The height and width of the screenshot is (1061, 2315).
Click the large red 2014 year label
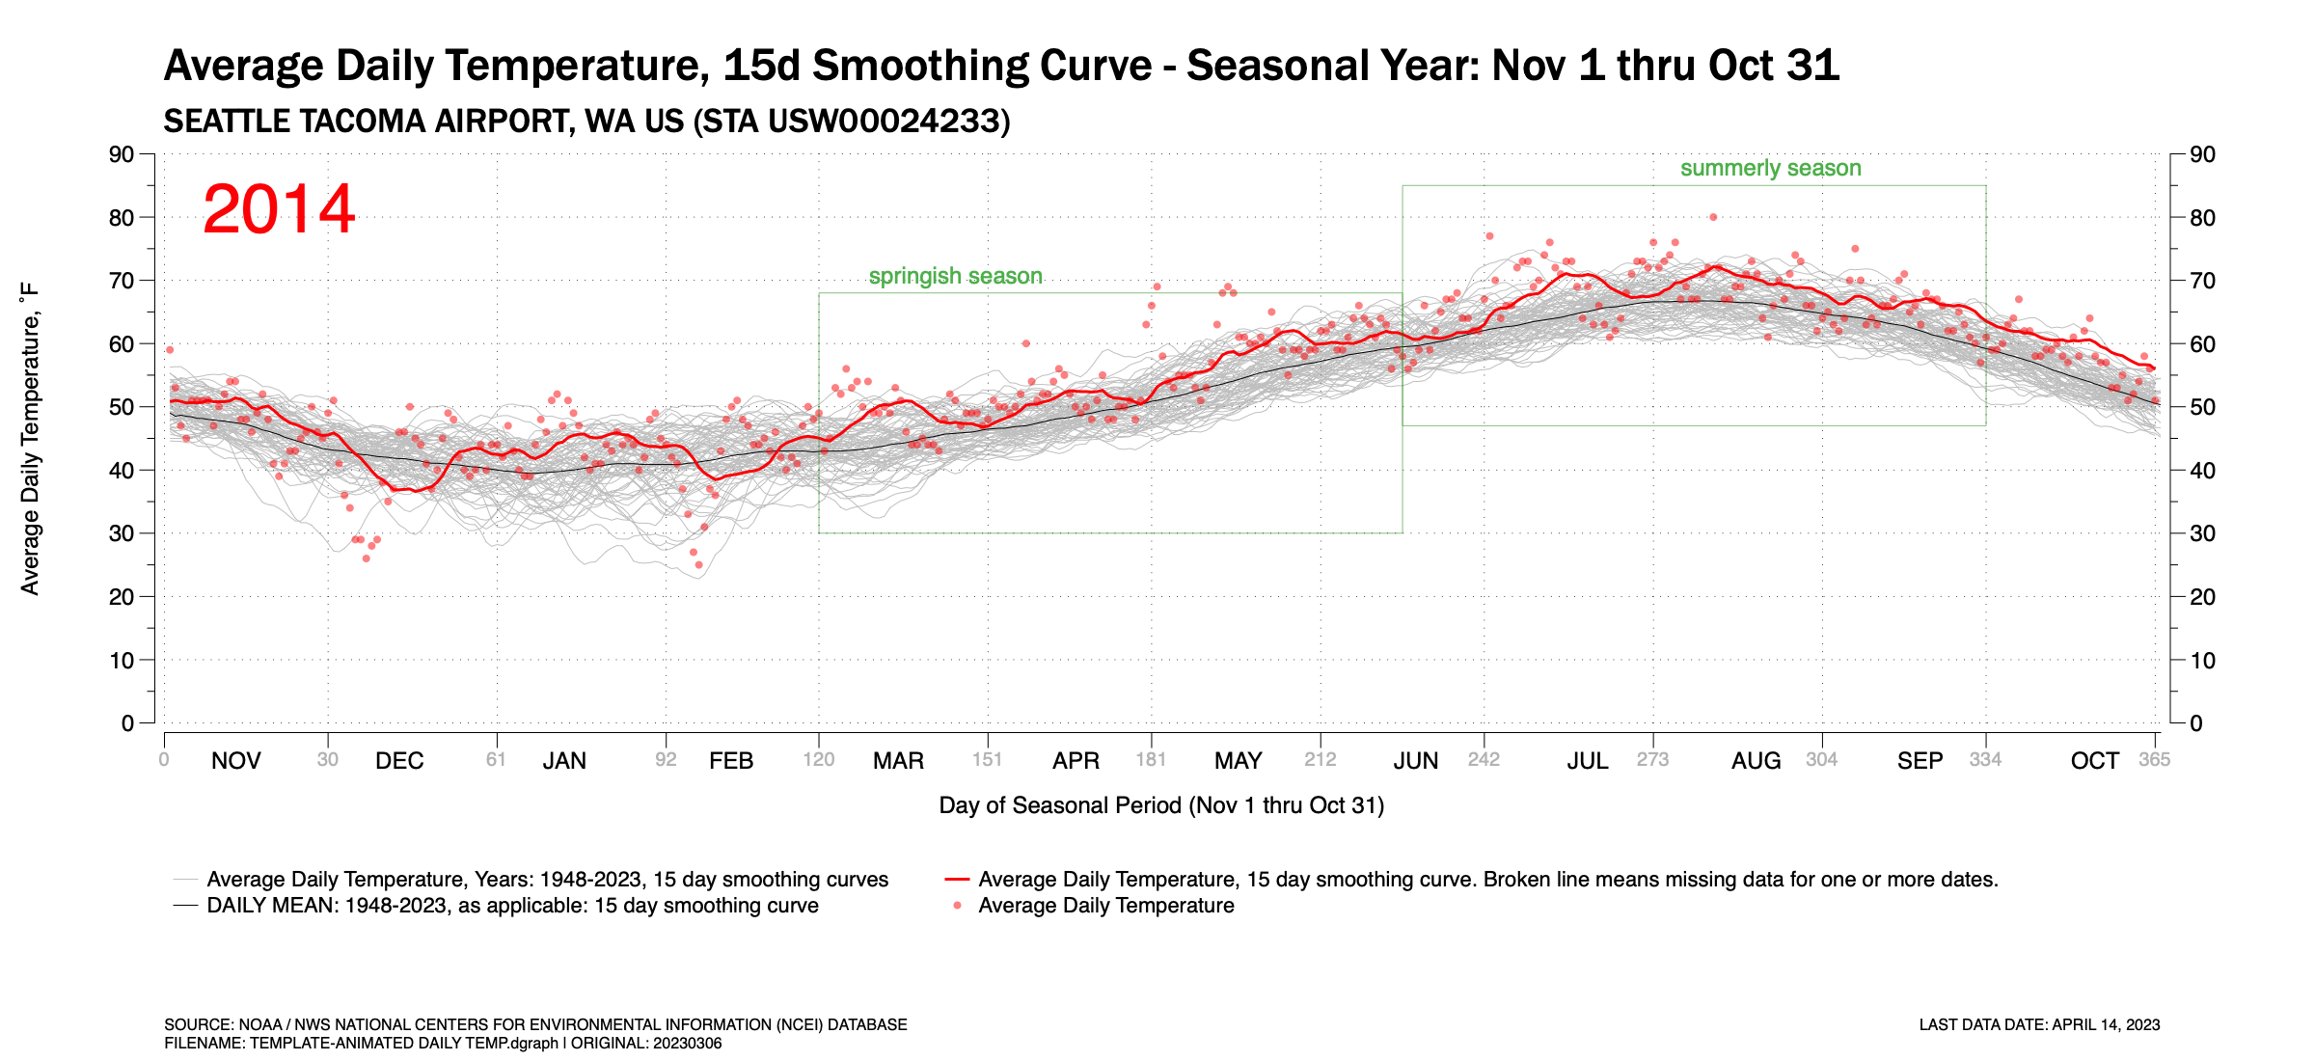click(279, 209)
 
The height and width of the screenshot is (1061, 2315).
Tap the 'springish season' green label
click(955, 276)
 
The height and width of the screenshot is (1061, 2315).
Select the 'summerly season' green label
click(1770, 168)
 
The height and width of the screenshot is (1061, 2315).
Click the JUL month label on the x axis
click(1587, 761)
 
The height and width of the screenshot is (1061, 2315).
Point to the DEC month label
click(399, 761)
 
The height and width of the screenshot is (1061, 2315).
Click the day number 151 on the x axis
click(987, 760)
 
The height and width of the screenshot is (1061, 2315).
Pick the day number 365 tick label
click(2154, 760)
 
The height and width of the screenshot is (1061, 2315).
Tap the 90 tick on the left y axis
click(122, 154)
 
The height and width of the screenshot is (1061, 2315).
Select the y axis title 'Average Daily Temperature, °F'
click(30, 439)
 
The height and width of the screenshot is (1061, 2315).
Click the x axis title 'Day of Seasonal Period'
click(1160, 805)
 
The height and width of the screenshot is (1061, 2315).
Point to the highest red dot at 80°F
click(1713, 217)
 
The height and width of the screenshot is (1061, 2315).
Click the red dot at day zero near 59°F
click(170, 350)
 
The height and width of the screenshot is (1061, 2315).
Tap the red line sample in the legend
click(956, 880)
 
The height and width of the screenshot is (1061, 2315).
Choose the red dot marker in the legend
click(957, 906)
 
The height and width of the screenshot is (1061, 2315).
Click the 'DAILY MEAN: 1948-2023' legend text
click(512, 906)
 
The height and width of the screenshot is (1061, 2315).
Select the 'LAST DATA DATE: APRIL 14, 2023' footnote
click(2039, 1024)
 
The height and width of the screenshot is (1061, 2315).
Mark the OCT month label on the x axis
click(2094, 761)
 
